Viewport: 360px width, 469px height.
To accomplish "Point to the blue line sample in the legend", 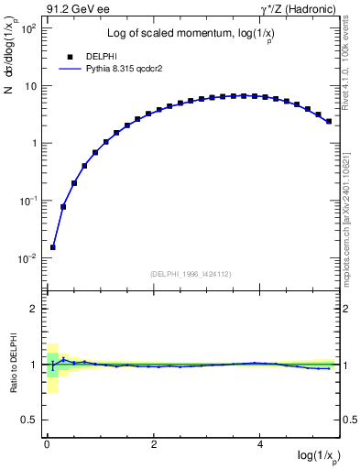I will click(71, 69).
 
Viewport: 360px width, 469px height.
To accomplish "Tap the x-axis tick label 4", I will click(261, 443).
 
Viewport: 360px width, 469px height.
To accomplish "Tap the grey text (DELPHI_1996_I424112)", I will click(189, 272).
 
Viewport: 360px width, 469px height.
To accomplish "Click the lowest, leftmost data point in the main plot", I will click(53, 246).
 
